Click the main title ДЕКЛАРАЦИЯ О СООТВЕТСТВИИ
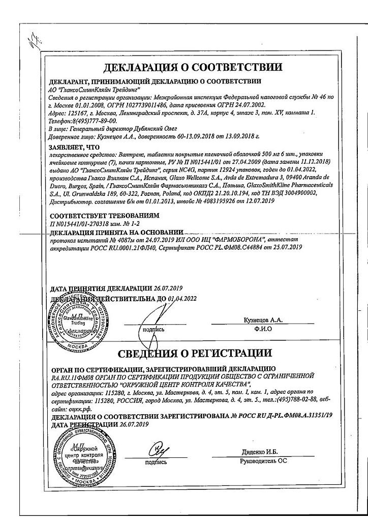pos(193,68)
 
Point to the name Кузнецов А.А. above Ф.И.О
pos(263,320)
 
